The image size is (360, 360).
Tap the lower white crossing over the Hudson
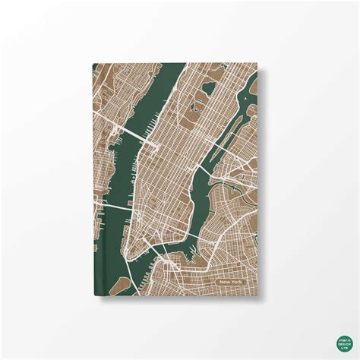click(114, 207)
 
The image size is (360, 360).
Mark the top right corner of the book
click(261, 65)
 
